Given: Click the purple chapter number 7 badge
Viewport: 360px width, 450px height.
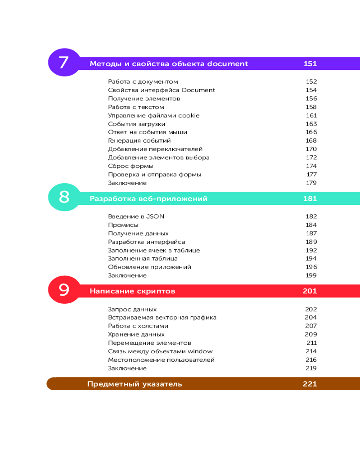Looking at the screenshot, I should [x=63, y=63].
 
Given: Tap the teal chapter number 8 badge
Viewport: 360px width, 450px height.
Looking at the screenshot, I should [x=64, y=198].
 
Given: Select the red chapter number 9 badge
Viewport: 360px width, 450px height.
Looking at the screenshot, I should [x=64, y=290].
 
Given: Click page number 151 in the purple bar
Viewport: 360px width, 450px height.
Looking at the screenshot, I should [x=310, y=63].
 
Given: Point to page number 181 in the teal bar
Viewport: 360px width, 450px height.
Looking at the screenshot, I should [x=310, y=198].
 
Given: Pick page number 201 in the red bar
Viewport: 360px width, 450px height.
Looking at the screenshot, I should [x=310, y=291].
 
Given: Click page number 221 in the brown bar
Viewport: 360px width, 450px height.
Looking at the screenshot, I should [x=310, y=384].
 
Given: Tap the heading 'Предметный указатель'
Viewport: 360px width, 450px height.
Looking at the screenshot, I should [x=135, y=384].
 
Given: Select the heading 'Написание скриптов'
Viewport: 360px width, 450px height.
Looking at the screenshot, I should [x=132, y=291].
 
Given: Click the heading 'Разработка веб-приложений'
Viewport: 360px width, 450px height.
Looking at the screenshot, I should [x=148, y=198].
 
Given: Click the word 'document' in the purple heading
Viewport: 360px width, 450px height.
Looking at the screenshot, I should [x=228, y=63].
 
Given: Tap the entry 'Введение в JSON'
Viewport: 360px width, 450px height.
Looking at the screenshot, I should [x=136, y=216].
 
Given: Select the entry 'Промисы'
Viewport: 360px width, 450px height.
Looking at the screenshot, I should [x=123, y=225].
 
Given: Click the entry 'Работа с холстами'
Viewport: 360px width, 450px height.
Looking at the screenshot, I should [x=138, y=326].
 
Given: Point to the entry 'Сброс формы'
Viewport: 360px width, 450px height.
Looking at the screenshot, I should [x=127, y=166].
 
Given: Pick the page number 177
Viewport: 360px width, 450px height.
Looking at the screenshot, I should [x=312, y=175].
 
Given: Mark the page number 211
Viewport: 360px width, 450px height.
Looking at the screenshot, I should [x=312, y=343].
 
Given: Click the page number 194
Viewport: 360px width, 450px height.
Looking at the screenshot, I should [x=311, y=259].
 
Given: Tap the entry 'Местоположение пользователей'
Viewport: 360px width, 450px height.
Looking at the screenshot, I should [x=161, y=360].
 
